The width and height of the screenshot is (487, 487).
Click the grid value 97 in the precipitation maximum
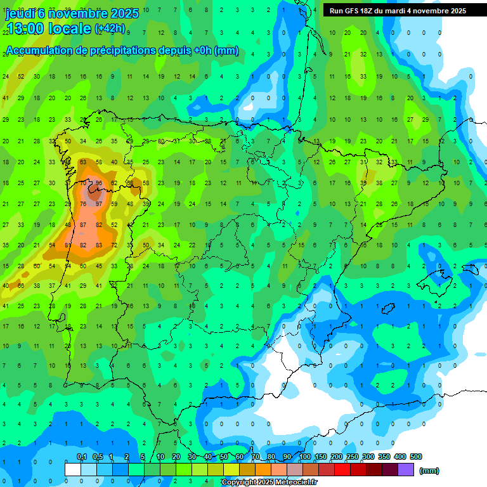[98, 204]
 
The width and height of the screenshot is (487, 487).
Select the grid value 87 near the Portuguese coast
[83, 224]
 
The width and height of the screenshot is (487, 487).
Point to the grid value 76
[83, 204]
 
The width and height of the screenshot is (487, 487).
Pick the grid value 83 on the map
[98, 245]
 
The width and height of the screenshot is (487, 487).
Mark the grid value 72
[114, 245]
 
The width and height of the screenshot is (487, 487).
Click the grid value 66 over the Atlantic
[21, 285]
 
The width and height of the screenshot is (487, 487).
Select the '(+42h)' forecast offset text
[110, 29]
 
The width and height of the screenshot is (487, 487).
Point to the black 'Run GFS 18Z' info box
[398, 11]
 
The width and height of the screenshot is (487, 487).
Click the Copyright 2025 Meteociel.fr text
[269, 483]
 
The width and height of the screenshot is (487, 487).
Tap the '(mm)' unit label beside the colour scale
[429, 471]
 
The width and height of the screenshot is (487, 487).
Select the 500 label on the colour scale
[415, 457]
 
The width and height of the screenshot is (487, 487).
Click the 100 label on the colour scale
[304, 457]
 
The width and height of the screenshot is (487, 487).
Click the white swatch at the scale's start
[73, 469]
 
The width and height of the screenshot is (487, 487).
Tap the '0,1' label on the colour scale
[81, 457]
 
